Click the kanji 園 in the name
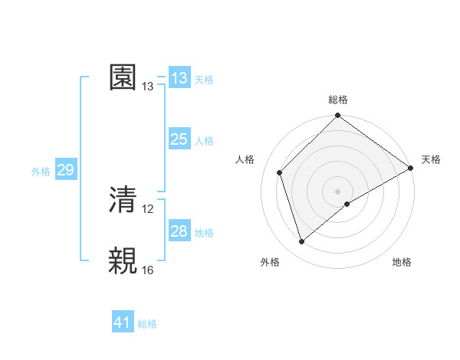pyautogui.click(x=123, y=77)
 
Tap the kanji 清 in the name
pyautogui.click(x=123, y=200)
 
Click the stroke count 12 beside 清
pyautogui.click(x=149, y=208)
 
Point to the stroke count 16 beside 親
pyautogui.click(x=149, y=270)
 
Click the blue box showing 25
pyautogui.click(x=179, y=139)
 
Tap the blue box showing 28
pyautogui.click(x=179, y=231)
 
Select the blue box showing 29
pyautogui.click(x=65, y=170)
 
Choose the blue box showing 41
pyautogui.click(x=123, y=322)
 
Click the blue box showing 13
pyautogui.click(x=179, y=78)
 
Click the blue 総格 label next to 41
pyautogui.click(x=147, y=324)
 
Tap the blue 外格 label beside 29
pyautogui.click(x=41, y=172)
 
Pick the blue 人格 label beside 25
pyautogui.click(x=204, y=141)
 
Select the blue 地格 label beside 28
pyautogui.click(x=204, y=233)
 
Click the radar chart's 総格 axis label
pyautogui.click(x=338, y=100)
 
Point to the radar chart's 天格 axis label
pyautogui.click(x=431, y=159)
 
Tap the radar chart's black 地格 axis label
pyautogui.click(x=402, y=263)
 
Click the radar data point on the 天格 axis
pyautogui.click(x=410, y=168)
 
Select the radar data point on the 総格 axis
pyautogui.click(x=337, y=117)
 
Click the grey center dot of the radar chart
pyautogui.click(x=337, y=191)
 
